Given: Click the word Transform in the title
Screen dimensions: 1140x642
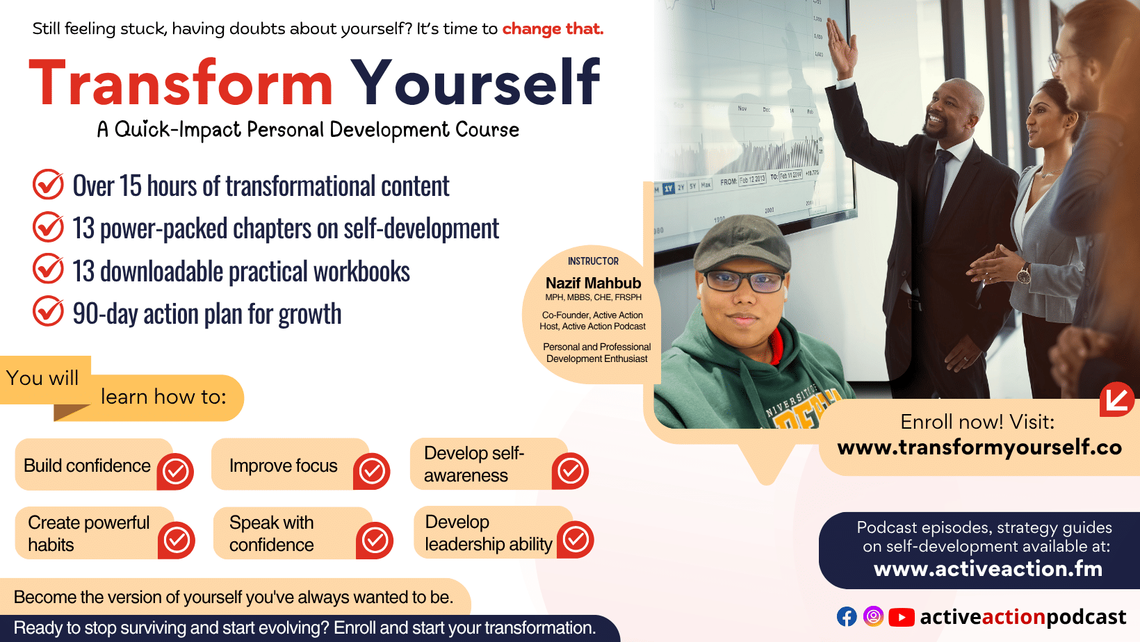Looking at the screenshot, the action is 181,83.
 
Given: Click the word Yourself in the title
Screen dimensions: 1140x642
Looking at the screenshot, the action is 476,81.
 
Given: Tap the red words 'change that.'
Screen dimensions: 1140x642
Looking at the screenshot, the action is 553,29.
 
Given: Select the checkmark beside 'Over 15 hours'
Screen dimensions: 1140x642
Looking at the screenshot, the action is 48,185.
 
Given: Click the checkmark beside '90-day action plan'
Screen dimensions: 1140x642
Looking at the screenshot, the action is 48,311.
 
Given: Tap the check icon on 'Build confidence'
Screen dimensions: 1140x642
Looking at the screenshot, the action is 175,471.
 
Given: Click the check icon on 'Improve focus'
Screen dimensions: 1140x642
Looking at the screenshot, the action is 371,471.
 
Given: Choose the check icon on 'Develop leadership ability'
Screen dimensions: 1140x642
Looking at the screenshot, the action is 575,539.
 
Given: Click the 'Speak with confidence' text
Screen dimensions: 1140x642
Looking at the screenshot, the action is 271,534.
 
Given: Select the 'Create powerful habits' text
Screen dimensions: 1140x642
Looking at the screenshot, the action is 88,534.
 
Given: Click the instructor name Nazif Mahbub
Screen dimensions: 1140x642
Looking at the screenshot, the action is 593,283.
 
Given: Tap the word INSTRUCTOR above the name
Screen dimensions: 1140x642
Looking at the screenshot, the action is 593,261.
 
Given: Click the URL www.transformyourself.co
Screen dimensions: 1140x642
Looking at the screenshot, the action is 979,447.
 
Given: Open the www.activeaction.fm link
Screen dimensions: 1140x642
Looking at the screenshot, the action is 988,569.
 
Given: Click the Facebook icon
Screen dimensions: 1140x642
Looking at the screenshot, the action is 847,616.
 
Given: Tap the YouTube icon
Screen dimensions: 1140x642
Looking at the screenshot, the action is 902,617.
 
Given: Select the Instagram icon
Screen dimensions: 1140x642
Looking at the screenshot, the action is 873,616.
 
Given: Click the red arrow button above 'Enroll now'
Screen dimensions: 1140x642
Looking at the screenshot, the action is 1116,400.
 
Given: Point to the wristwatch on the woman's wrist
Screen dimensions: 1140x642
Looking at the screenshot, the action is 1023,274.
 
